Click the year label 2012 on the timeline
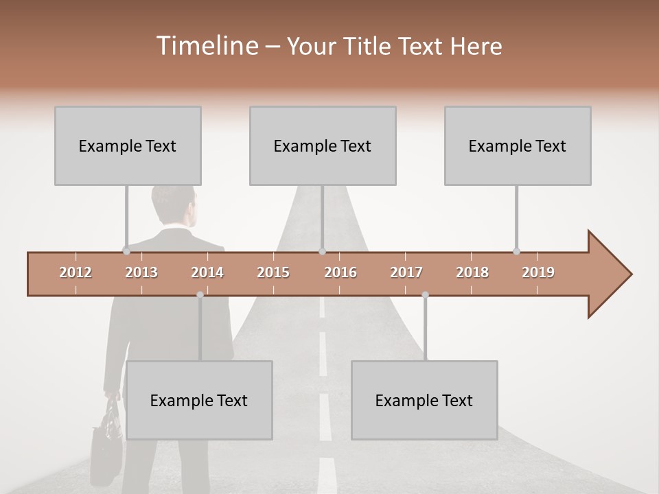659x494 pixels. coord(76,272)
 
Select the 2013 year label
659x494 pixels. coord(141,272)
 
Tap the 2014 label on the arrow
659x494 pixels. coord(207,272)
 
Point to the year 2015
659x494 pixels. coord(273,272)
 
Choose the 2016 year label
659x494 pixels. coord(340,272)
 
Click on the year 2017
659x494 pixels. coord(406,272)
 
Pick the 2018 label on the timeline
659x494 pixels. coord(472,272)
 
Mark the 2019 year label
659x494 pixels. coord(538,272)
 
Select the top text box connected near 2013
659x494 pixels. coord(128,145)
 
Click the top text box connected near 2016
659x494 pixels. coord(323,145)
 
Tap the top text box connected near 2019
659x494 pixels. coord(518,145)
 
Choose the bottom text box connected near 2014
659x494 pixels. coord(199,400)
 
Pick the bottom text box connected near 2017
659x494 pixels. coord(424,400)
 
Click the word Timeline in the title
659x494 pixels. coord(207,46)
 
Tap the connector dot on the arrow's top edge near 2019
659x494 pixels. coord(516,251)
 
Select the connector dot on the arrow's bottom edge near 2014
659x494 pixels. coord(200,295)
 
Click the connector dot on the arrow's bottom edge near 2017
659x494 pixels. coord(425,295)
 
